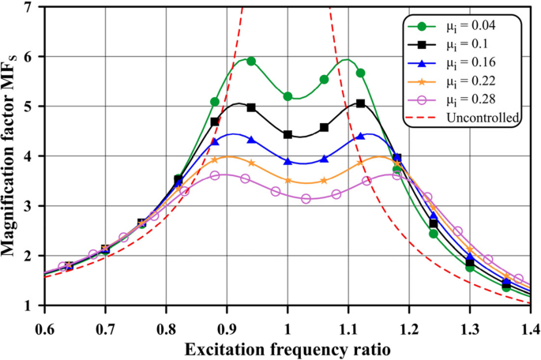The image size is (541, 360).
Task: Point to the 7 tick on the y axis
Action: click(x=29, y=7)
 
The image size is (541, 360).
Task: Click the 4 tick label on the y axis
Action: click(x=29, y=156)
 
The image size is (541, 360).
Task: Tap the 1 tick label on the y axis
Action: click(x=29, y=306)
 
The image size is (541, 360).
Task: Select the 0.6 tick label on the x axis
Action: click(x=44, y=325)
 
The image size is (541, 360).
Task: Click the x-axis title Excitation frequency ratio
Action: click(x=287, y=347)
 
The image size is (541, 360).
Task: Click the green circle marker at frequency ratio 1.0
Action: click(x=287, y=96)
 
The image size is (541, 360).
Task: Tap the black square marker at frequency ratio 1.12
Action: click(x=360, y=103)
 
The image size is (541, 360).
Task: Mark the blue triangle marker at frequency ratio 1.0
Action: click(x=287, y=161)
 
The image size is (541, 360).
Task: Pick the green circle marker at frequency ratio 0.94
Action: click(x=251, y=61)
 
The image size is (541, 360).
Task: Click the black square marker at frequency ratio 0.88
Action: click(x=215, y=122)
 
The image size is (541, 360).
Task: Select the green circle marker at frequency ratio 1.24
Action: click(x=433, y=234)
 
